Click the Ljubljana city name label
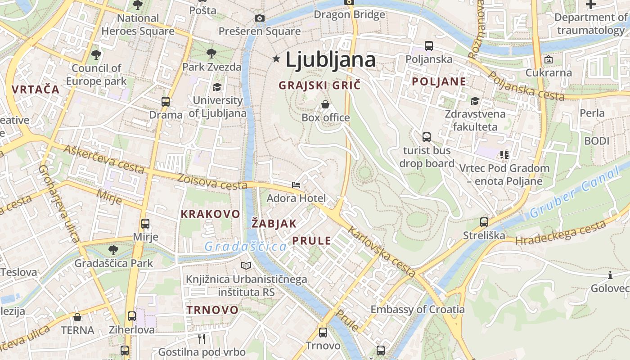[330, 60]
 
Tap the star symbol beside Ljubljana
[276, 59]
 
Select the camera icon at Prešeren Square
[260, 18]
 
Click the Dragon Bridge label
[349, 14]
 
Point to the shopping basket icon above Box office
[325, 105]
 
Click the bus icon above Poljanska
[428, 46]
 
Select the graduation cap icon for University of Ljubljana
[217, 87]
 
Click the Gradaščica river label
[246, 247]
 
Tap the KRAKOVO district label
[210, 214]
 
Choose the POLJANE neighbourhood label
[439, 81]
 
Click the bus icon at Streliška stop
[484, 222]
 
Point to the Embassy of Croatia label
[417, 309]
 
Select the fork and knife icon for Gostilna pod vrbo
[202, 338]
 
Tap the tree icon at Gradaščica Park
[113, 250]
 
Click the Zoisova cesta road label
[212, 182]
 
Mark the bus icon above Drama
[166, 102]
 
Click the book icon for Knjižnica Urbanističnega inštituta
[246, 266]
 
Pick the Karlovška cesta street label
[382, 252]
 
